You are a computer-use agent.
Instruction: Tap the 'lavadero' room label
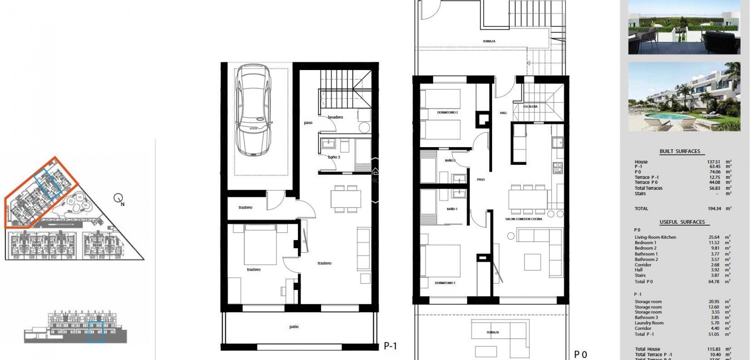point(335,117)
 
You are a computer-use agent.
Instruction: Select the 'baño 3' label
point(334,157)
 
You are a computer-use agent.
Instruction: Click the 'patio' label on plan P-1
point(294,327)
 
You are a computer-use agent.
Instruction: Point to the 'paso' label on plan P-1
point(308,123)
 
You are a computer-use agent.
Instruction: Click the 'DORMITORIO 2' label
point(447,113)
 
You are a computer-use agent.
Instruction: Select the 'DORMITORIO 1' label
point(445,283)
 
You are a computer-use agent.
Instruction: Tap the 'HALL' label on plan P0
point(503,113)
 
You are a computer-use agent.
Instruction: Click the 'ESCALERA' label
point(530,106)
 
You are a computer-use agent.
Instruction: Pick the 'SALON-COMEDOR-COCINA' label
point(523,219)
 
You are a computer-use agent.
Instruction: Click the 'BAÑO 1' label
point(452,209)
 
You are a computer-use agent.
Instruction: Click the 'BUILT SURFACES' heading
point(680,151)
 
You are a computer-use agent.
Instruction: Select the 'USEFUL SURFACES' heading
point(682,222)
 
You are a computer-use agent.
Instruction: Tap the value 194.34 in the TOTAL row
point(714,209)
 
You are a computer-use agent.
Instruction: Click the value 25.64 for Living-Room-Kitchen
point(714,237)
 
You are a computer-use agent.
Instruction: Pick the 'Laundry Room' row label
point(649,323)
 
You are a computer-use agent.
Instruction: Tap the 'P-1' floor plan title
point(390,346)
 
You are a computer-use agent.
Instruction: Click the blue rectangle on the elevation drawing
point(96,332)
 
